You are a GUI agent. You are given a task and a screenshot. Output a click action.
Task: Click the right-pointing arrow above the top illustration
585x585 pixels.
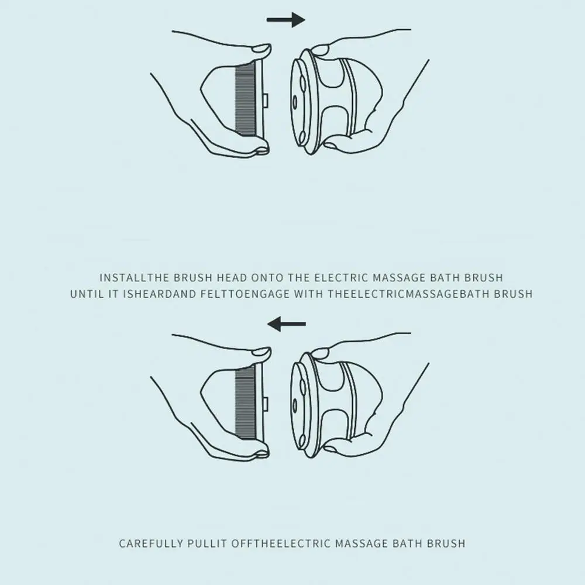coord(286,20)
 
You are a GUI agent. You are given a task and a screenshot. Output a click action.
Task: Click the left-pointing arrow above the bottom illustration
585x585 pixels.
coord(287,324)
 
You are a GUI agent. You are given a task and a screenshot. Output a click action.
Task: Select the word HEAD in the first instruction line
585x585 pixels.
coord(232,277)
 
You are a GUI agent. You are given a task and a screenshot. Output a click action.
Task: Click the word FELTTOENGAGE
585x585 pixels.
coord(245,294)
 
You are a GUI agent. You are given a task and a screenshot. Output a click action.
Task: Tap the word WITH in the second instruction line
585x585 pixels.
coord(308,294)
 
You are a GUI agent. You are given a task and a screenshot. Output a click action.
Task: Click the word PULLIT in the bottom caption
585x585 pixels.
coord(207,543)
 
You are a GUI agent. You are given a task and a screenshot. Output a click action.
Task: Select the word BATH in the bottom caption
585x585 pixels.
coord(408,543)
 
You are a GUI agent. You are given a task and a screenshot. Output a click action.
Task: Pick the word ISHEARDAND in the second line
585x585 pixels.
coord(160,294)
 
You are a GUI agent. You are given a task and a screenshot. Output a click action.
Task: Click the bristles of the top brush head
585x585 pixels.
coord(246,100)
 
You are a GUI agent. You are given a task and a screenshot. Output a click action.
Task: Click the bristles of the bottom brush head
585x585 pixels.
coord(246,403)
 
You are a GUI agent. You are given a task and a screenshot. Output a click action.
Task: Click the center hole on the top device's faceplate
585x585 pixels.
coord(295,102)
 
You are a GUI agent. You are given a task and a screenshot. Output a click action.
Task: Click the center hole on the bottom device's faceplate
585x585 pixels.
coord(295,406)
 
